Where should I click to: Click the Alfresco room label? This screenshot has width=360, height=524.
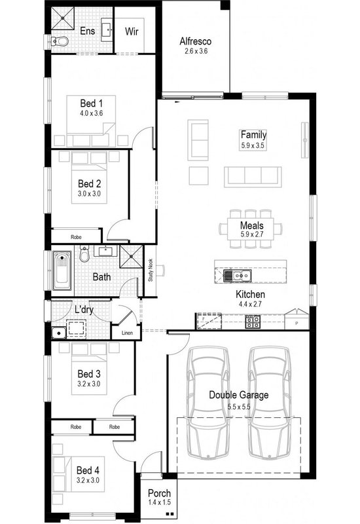(x=194, y=41)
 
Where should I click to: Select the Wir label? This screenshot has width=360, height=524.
(x=132, y=31)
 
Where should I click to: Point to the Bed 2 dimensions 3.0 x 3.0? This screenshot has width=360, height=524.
(x=89, y=194)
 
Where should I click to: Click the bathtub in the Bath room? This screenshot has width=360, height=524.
(x=62, y=270)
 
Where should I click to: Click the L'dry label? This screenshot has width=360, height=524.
(x=83, y=309)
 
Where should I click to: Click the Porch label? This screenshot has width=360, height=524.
(x=160, y=493)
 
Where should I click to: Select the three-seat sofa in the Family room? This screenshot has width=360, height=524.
(x=252, y=176)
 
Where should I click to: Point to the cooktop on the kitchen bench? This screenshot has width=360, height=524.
(x=253, y=322)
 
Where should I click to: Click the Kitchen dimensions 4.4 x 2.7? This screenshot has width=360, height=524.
(x=250, y=305)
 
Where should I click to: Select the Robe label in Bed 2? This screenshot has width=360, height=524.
(x=77, y=236)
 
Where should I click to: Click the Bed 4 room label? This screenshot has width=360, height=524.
(x=88, y=470)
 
